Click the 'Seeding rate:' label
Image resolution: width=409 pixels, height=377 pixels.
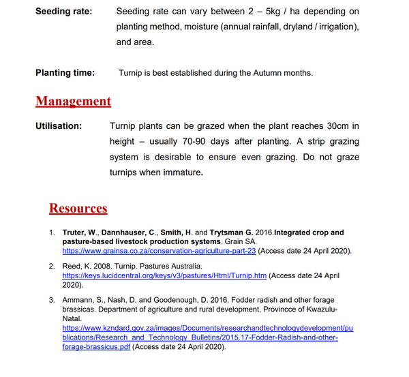65,12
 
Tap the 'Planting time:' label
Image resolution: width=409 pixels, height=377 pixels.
65,72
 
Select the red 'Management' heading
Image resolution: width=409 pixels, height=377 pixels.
74,101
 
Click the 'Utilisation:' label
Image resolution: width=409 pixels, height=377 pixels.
59,126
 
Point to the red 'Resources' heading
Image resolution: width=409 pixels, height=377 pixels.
78,208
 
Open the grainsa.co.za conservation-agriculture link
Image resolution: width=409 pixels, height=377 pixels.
159,251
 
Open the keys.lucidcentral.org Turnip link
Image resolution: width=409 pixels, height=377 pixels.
164,275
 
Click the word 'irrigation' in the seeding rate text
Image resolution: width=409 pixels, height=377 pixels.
333,27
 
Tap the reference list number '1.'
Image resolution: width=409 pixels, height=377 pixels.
52,232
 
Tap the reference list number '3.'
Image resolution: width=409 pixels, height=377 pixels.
52,300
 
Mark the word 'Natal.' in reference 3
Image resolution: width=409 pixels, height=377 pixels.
72,318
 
